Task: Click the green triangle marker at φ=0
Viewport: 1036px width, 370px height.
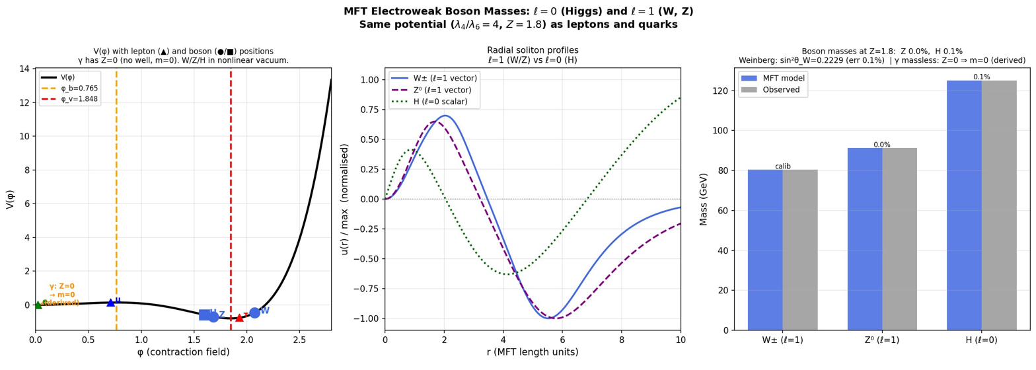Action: (38, 305)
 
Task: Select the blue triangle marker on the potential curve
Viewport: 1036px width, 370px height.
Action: (111, 303)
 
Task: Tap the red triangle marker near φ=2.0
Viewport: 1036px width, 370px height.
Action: (240, 318)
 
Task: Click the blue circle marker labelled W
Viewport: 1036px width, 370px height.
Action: (254, 313)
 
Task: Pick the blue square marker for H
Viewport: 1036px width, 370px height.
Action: (204, 314)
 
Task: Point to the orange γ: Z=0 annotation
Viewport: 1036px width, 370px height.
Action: (62, 287)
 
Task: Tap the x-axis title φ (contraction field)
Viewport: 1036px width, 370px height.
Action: (183, 352)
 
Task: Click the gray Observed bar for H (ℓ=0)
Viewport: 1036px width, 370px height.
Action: (998, 205)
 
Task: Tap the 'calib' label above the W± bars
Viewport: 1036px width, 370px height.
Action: (782, 166)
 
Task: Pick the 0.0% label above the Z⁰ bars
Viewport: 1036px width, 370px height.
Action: (882, 145)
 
